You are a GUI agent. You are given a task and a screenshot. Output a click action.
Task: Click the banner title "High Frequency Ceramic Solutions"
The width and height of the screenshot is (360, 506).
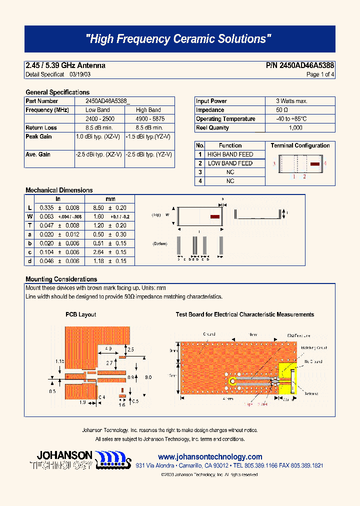click(179, 39)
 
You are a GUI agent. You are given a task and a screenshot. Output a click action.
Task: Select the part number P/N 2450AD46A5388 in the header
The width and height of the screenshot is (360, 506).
click(300, 65)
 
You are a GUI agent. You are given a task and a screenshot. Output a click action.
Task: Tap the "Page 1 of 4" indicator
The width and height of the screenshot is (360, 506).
click(320, 74)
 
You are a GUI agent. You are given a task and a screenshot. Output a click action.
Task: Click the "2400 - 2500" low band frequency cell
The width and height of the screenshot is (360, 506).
click(100, 119)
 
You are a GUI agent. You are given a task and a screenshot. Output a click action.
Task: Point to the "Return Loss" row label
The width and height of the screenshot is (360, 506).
click(41, 128)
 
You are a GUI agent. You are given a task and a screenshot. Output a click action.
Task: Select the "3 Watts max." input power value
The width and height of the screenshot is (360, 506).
click(291, 101)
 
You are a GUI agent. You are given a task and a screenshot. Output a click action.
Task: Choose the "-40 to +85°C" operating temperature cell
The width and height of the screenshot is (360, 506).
click(291, 119)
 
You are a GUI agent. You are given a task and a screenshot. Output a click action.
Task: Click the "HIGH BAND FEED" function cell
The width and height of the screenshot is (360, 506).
click(230, 154)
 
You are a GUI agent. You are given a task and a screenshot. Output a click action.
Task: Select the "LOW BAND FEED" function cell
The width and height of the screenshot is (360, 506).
click(230, 163)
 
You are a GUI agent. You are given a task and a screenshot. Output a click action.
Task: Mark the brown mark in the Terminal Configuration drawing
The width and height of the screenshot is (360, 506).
click(315, 163)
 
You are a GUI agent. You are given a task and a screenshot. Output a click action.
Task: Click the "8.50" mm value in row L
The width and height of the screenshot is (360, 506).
click(98, 207)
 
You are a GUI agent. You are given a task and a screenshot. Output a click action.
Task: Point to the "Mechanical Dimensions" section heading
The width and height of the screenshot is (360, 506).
click(59, 190)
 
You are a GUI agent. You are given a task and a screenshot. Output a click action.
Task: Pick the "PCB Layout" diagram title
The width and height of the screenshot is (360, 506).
click(80, 314)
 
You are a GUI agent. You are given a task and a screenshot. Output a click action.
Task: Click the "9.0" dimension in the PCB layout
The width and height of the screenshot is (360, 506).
click(148, 377)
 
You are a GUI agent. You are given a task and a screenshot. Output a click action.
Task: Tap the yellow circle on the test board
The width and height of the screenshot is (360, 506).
click(232, 381)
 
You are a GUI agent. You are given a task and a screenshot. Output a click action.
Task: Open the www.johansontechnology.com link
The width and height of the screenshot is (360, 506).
click(210, 457)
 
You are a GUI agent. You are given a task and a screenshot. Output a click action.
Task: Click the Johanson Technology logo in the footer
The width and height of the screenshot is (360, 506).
click(83, 459)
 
